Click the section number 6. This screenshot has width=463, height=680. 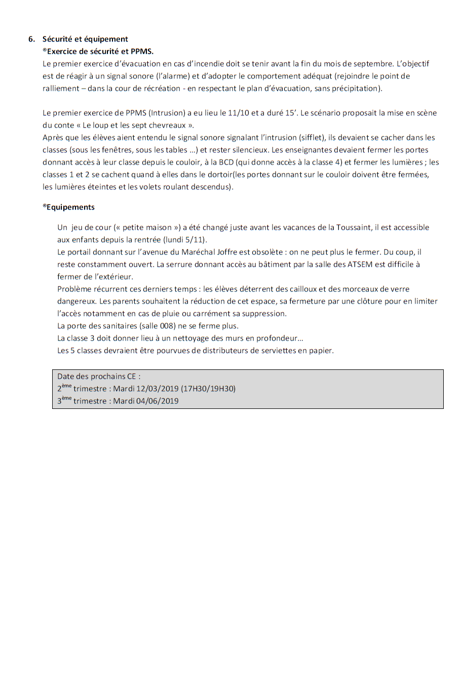pos(31,39)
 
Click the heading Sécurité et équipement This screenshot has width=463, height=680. pos(85,39)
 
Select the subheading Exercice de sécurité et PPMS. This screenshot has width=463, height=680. pos(100,51)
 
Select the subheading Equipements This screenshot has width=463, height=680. pos(70,207)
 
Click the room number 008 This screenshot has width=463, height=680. pos(167,326)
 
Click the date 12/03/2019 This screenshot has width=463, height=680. pos(158,389)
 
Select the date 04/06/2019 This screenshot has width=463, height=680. pos(158,401)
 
